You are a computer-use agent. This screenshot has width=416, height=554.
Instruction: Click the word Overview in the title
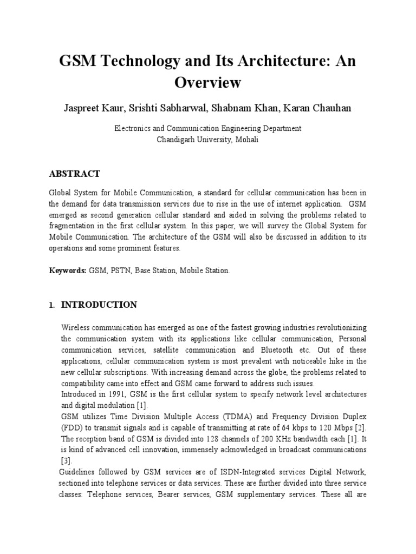point(207,83)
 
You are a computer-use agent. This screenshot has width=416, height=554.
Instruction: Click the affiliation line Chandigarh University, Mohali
point(207,139)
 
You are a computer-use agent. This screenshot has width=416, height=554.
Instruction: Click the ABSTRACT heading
point(74,174)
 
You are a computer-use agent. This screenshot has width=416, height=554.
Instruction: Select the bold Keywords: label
point(68,271)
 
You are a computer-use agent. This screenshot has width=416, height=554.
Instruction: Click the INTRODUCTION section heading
point(99,305)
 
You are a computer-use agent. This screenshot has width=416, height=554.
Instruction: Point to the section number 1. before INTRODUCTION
point(51,305)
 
